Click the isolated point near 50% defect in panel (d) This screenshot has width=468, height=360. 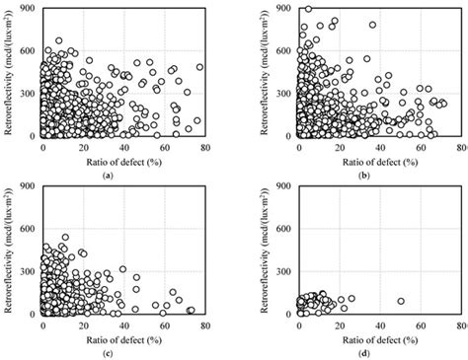click(401, 301)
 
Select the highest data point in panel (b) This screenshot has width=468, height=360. click(308, 8)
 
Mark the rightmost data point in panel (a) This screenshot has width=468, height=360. click(199, 68)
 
